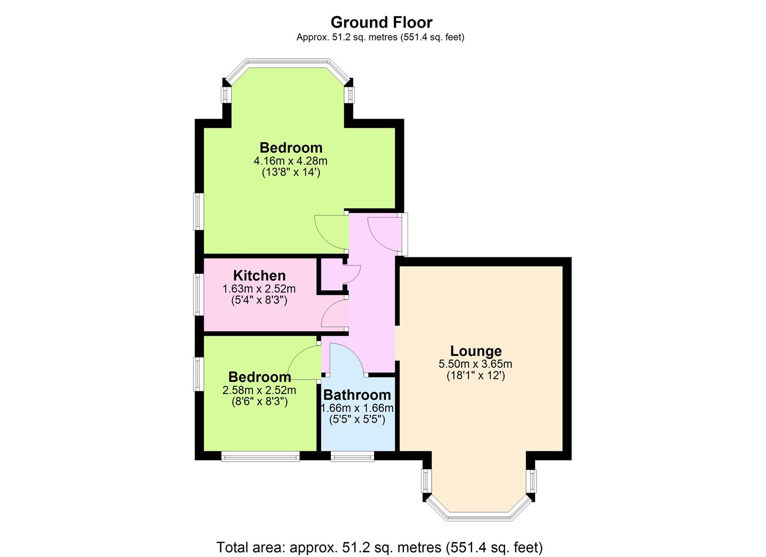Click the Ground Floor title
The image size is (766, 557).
click(x=381, y=23)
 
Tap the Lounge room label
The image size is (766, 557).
click(x=476, y=351)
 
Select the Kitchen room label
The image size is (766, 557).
click(x=259, y=275)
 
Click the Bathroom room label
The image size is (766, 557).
click(x=357, y=395)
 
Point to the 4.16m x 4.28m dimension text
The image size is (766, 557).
click(x=290, y=160)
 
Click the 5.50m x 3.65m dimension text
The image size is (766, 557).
click(x=475, y=364)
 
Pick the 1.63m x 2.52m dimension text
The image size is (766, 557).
click(x=259, y=289)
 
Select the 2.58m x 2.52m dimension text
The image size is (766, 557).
click(x=259, y=390)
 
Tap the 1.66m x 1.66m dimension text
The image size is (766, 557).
click(x=357, y=408)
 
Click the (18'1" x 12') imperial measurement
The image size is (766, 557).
click(x=476, y=376)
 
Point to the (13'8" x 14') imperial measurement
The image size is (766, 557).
click(x=291, y=172)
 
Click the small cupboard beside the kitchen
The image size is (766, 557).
click(x=331, y=275)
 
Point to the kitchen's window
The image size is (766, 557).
click(x=199, y=294)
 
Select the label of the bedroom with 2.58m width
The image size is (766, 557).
click(x=259, y=377)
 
